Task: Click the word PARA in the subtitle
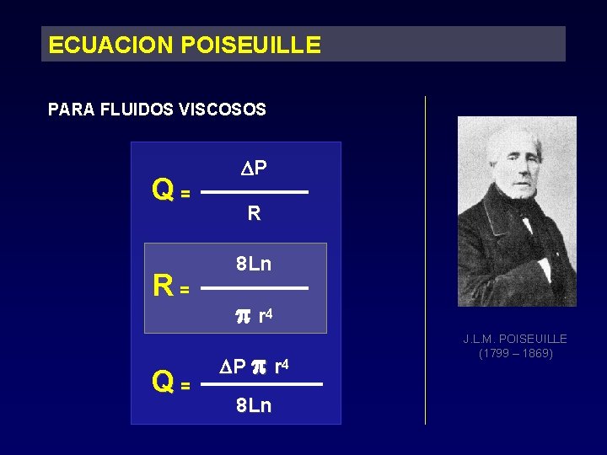tap(72, 110)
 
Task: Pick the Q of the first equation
tap(164, 192)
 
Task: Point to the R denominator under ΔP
tap(254, 215)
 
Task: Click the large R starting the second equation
tap(164, 287)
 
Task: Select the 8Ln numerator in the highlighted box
tap(254, 265)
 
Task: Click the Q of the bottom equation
tap(164, 383)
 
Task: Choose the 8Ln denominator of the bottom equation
tap(254, 406)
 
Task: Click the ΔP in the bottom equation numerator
tap(233, 367)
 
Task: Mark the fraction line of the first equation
tap(256, 192)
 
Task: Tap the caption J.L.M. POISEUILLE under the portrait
tap(515, 339)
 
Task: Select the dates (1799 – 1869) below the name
tap(515, 354)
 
